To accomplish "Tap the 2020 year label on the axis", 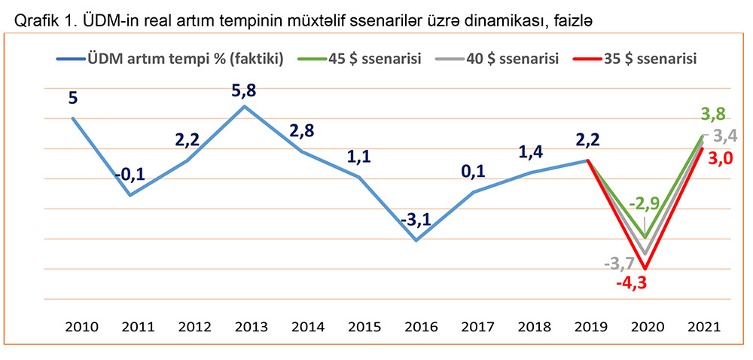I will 645,328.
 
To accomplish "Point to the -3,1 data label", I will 416,220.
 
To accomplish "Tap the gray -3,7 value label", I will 619,263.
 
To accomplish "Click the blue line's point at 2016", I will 416,240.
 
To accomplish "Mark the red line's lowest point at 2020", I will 645,268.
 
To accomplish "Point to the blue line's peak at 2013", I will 244,106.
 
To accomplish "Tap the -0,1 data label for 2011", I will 130,175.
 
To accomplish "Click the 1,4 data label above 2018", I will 530,153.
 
